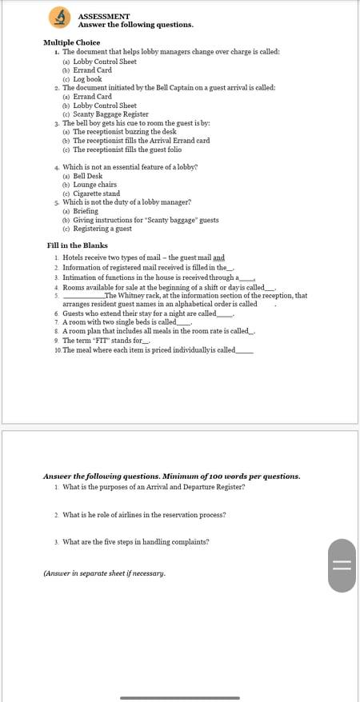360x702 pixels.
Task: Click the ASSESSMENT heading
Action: coord(104,16)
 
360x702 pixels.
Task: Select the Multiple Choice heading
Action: coord(71,42)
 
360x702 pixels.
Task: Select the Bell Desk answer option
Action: coord(87,176)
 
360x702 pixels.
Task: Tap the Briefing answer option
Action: coord(86,211)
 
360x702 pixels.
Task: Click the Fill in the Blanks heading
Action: coord(77,245)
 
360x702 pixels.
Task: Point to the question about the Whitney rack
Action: coord(184,300)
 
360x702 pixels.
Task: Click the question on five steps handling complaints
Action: coord(135,541)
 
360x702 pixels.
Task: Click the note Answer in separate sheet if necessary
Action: coord(104,573)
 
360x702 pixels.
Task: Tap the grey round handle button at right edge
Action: coord(342,565)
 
